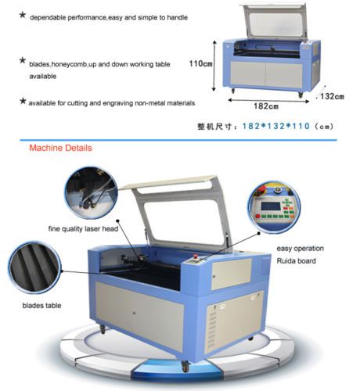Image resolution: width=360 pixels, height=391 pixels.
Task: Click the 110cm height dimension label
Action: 200,63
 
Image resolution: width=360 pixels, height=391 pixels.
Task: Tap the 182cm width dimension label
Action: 266,106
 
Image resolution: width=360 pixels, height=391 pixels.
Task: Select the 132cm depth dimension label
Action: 332,96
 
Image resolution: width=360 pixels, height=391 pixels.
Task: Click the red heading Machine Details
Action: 60,148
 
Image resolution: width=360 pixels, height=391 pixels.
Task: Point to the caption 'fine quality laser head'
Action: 83,229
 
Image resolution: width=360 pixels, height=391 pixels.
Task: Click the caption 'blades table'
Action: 41,306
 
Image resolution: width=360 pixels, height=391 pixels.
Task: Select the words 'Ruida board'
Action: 296,260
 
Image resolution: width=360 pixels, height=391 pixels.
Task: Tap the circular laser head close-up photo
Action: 91,193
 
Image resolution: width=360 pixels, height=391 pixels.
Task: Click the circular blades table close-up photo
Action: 34,268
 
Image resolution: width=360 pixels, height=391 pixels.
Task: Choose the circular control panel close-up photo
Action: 274,207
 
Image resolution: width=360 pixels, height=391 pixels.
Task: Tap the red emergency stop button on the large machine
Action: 195,256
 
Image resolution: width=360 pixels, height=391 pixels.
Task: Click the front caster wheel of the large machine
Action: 185,366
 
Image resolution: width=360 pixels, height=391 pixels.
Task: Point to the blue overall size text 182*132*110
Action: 276,126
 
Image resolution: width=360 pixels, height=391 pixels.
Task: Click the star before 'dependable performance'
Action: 23,15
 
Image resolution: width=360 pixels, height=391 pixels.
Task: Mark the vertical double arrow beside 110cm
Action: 214,66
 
